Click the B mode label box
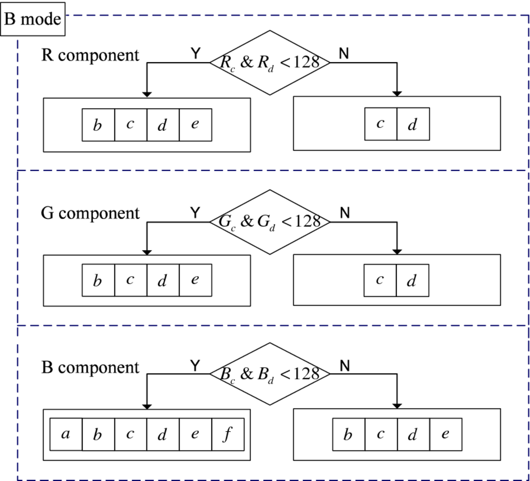(33, 19)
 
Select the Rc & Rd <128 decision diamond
(270, 63)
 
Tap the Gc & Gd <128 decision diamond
(270, 222)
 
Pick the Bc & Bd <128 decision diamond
(270, 374)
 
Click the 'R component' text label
(90, 55)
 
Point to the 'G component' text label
(90, 213)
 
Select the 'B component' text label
(90, 367)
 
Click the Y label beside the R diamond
(196, 53)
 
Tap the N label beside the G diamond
(345, 213)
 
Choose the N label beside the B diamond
(345, 366)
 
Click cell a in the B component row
(66, 434)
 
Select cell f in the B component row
(228, 434)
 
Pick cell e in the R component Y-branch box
(196, 125)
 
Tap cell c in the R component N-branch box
(381, 124)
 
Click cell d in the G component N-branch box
(413, 280)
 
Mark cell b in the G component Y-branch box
(98, 280)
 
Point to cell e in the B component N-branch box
(446, 434)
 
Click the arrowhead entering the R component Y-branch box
(147, 95)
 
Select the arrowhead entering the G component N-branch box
(397, 252)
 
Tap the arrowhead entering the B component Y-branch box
(147, 406)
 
